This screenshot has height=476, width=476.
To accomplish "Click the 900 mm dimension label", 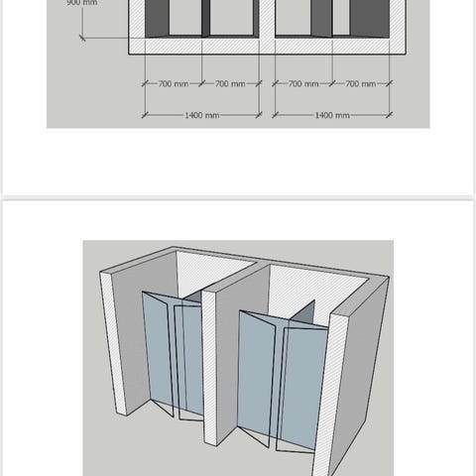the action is [82, 3].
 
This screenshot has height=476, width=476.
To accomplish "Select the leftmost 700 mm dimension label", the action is [174, 84].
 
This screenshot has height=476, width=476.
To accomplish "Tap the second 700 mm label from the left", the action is [230, 84].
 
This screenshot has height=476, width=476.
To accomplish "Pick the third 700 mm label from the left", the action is [303, 84].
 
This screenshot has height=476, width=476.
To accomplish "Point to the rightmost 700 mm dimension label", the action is [361, 84].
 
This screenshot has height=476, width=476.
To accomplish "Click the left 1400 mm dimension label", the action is [202, 115].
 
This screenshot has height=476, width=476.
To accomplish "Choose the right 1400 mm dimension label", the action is [332, 115].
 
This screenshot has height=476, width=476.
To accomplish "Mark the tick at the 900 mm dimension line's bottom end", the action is [82, 38].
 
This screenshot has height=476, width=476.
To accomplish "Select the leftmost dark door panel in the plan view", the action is [157, 18].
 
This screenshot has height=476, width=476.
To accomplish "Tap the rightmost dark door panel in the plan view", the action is [370, 18].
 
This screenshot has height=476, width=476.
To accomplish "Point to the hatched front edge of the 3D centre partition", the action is [210, 367].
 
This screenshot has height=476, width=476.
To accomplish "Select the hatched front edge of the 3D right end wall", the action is [329, 395].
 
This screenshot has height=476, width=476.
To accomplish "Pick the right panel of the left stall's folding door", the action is [189, 359].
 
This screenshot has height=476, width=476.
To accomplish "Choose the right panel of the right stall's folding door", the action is [303, 387].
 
